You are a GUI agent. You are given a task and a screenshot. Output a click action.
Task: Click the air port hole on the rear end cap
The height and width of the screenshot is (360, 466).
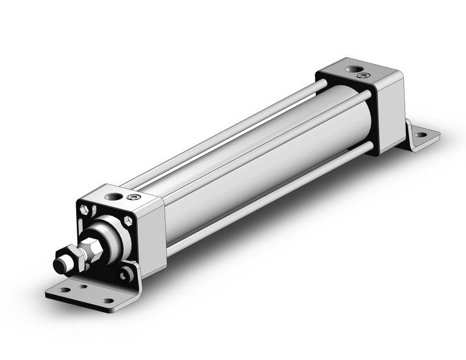353,69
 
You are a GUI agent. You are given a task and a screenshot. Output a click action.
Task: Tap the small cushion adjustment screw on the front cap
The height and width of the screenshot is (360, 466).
133,197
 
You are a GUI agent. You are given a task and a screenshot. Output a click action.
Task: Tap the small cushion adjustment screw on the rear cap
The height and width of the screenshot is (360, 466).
363,75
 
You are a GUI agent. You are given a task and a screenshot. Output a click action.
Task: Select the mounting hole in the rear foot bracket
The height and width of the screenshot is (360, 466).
421,134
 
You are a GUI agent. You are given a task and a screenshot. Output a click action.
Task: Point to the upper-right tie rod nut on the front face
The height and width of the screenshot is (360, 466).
128,220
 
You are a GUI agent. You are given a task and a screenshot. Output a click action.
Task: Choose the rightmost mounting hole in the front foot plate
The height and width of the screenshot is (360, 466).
108,301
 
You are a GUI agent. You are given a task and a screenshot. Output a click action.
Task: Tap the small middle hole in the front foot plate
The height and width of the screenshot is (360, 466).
82,286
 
